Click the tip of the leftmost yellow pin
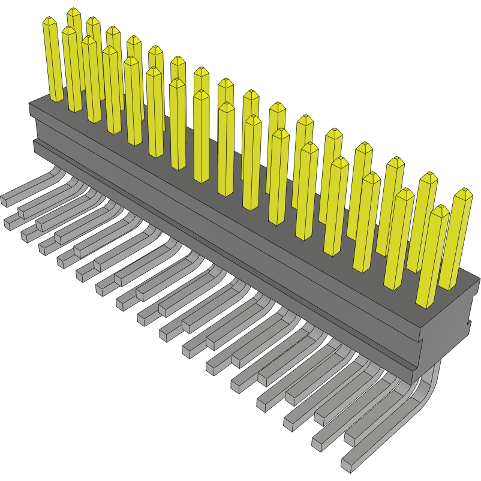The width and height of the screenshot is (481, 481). coord(49,20)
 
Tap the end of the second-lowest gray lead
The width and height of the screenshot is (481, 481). coord(317,443)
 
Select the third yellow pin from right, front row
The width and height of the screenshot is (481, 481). coord(368,222)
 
